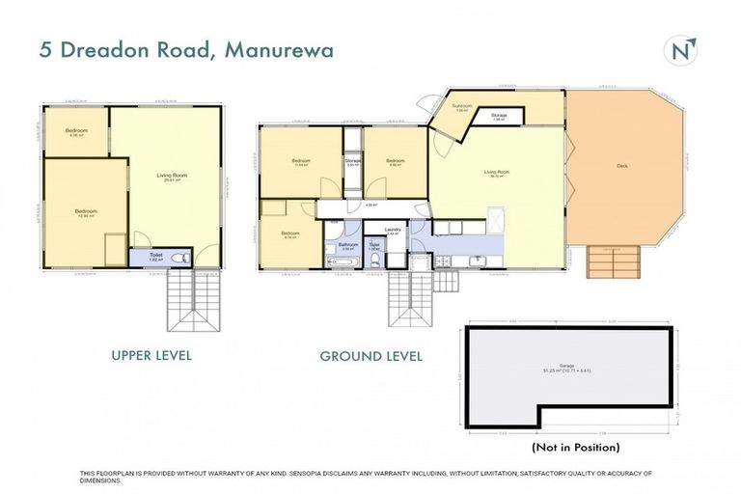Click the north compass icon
[682, 49]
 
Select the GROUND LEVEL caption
[370, 356]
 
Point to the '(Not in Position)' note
[575, 447]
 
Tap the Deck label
[622, 166]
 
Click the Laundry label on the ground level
[393, 229]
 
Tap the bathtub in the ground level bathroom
[343, 261]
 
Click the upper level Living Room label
[173, 175]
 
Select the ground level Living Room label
[496, 172]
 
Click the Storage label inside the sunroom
[498, 115]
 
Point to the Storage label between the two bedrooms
[353, 161]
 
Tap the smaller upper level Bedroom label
[77, 130]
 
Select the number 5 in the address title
[46, 50]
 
